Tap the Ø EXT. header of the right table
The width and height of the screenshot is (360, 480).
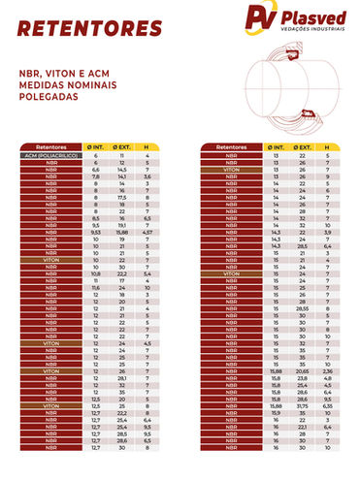tap(302, 146)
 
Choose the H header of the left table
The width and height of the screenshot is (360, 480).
tap(147, 146)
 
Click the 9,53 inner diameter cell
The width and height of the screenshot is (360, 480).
tap(96, 233)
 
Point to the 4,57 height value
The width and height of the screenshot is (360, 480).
tap(147, 233)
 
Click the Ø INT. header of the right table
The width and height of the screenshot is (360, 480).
tap(276, 146)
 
